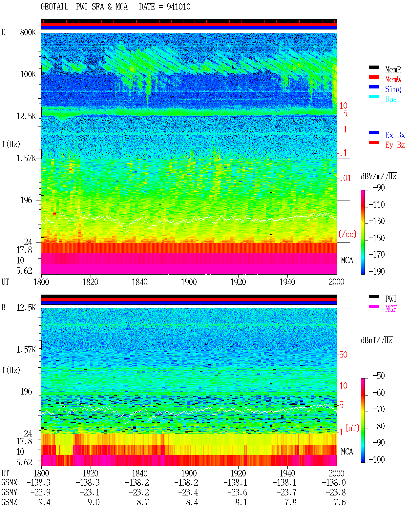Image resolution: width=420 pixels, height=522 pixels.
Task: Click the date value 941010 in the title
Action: click(x=178, y=7)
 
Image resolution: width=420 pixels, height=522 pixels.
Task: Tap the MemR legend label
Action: click(x=393, y=69)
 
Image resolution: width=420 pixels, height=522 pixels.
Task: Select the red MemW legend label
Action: click(x=393, y=79)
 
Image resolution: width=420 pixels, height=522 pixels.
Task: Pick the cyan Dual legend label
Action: click(x=393, y=99)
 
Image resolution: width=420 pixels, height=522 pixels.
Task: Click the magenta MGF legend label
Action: click(x=391, y=309)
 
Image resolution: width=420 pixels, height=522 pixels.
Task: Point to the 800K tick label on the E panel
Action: click(x=28, y=32)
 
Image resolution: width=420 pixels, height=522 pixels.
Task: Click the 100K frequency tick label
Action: click(x=28, y=74)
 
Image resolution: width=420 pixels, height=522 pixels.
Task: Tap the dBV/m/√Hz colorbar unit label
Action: click(x=379, y=176)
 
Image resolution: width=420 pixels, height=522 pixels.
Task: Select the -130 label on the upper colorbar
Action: click(x=377, y=221)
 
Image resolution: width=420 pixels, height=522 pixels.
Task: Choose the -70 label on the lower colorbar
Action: click(x=379, y=409)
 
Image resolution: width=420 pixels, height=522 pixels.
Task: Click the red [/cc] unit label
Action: click(x=347, y=234)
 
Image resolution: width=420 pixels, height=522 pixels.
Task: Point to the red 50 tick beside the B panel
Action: click(x=343, y=355)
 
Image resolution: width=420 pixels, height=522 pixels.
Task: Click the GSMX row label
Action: click(x=9, y=483)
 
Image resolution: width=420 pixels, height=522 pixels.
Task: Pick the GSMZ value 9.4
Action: click(x=44, y=502)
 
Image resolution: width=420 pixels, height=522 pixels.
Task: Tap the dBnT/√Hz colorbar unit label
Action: click(x=377, y=340)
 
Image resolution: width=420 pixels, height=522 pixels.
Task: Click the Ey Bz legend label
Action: click(x=395, y=145)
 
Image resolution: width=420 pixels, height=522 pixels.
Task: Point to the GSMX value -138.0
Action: click(x=334, y=483)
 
